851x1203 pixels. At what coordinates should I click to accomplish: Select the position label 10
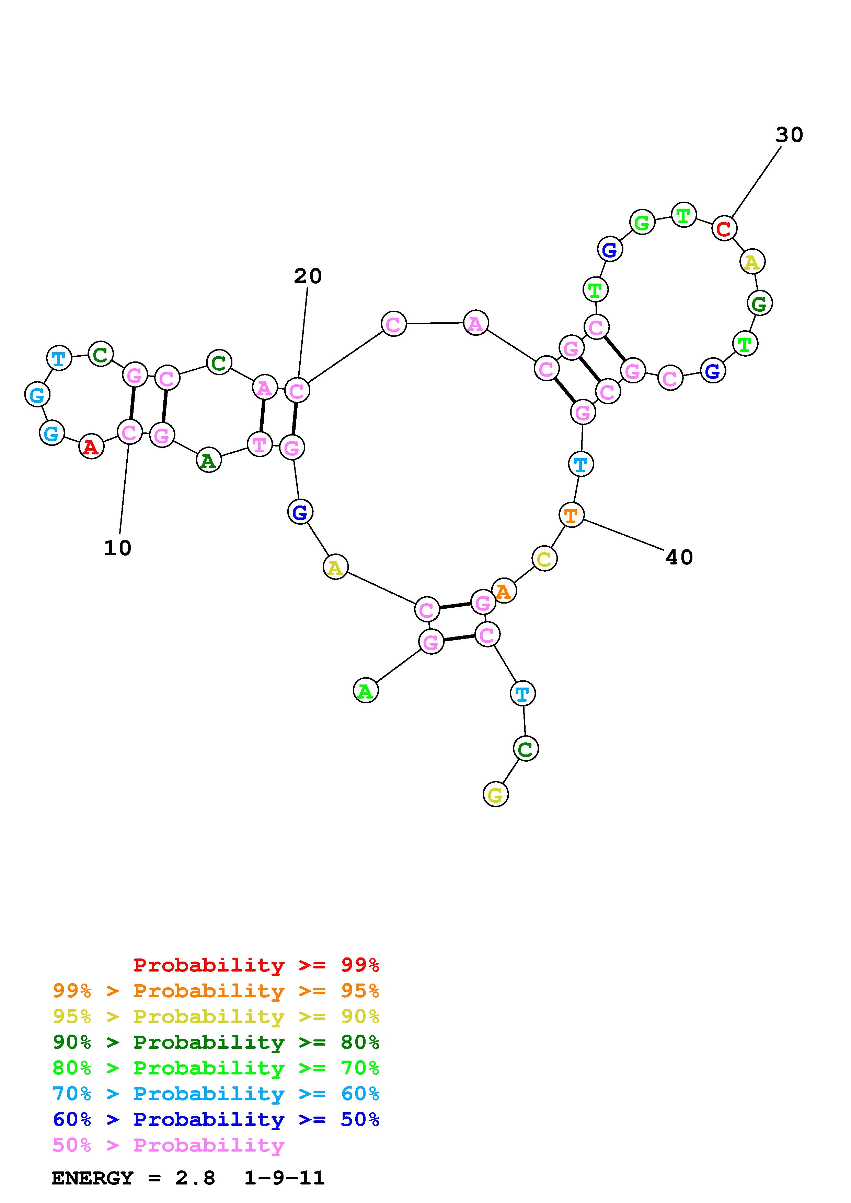click(117, 548)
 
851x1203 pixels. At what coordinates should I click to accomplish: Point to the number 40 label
click(679, 558)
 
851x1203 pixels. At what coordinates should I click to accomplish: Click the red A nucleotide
click(91, 448)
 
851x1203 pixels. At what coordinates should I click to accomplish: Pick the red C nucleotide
click(724, 228)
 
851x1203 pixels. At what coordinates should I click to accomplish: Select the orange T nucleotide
click(571, 515)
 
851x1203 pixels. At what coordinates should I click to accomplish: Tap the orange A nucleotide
click(504, 591)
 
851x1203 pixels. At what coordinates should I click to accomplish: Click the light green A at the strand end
click(366, 691)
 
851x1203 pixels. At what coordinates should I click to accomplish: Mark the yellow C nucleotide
click(544, 559)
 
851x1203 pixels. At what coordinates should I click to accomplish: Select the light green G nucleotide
click(642, 223)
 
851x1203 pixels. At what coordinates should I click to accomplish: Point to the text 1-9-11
click(284, 1178)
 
